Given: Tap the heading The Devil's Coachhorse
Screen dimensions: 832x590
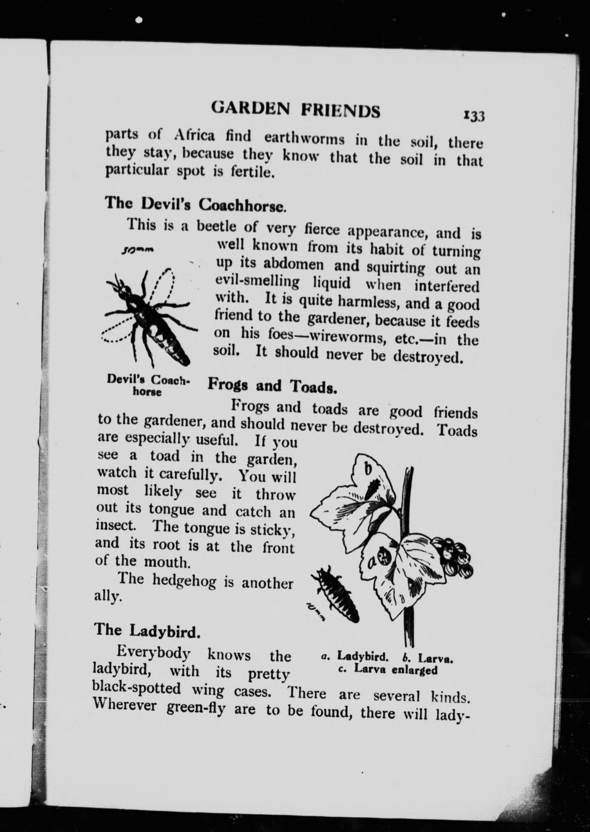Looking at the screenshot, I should tap(196, 204).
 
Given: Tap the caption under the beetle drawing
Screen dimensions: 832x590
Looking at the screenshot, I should tap(148, 386).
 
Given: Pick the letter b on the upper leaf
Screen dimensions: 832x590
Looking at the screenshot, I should tap(367, 469).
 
